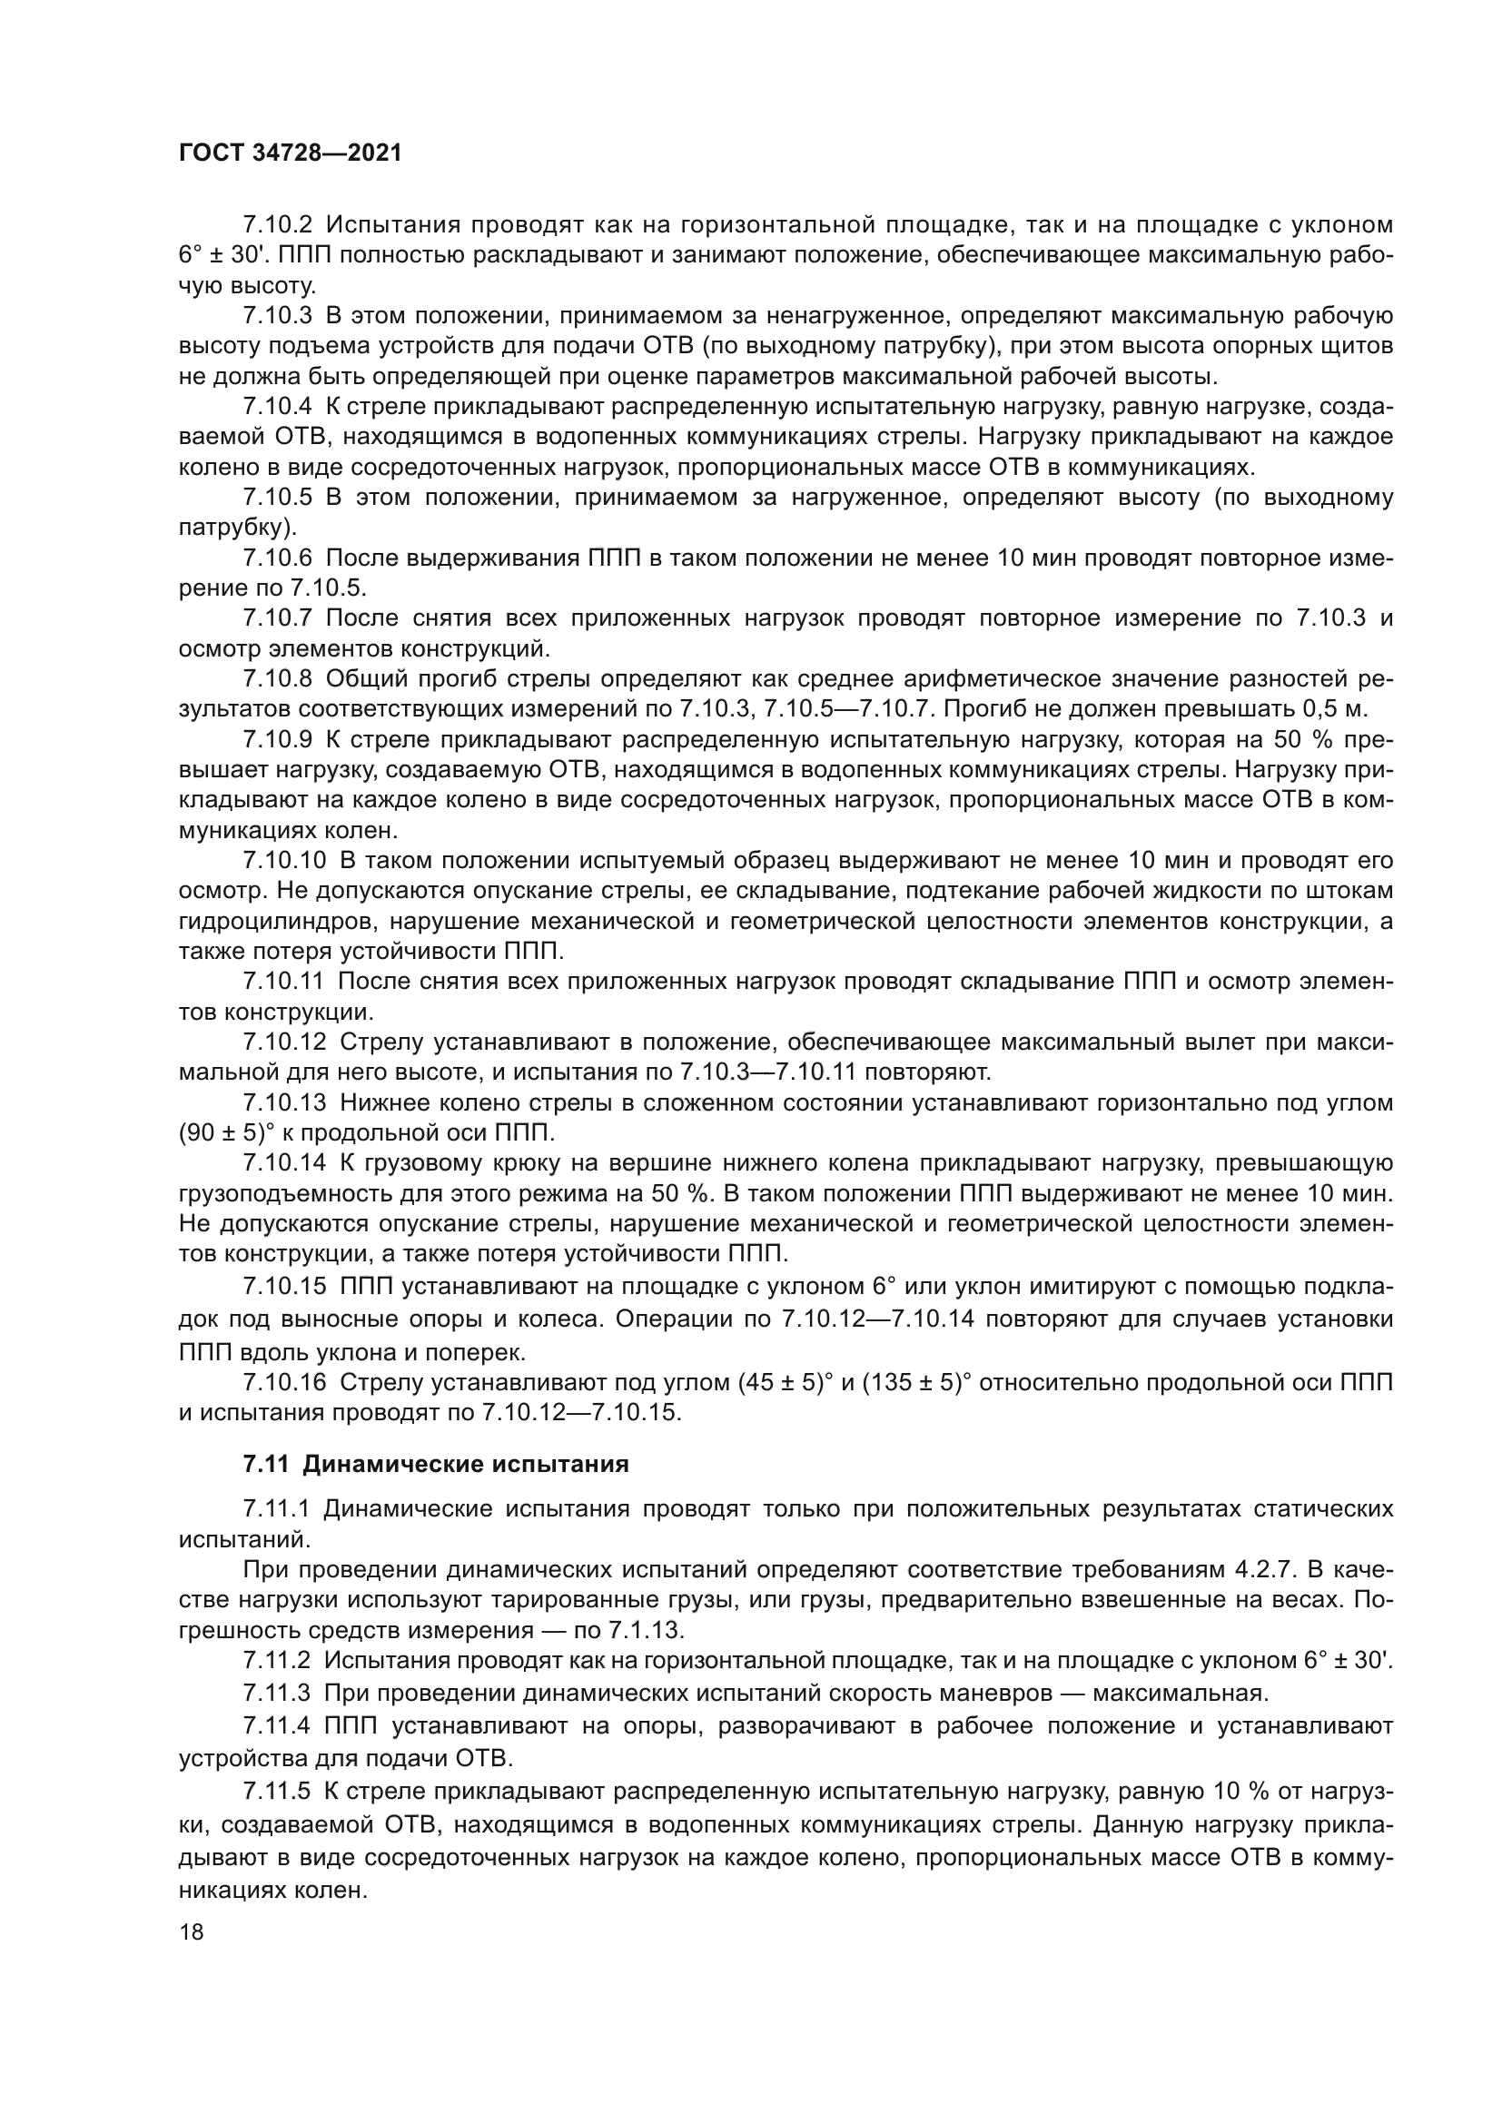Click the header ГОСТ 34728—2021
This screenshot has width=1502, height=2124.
click(x=290, y=153)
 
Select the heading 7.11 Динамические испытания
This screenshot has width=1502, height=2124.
click(x=436, y=1489)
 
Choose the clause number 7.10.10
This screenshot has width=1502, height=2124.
click(x=284, y=860)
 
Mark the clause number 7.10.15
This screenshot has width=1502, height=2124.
click(x=284, y=1286)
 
